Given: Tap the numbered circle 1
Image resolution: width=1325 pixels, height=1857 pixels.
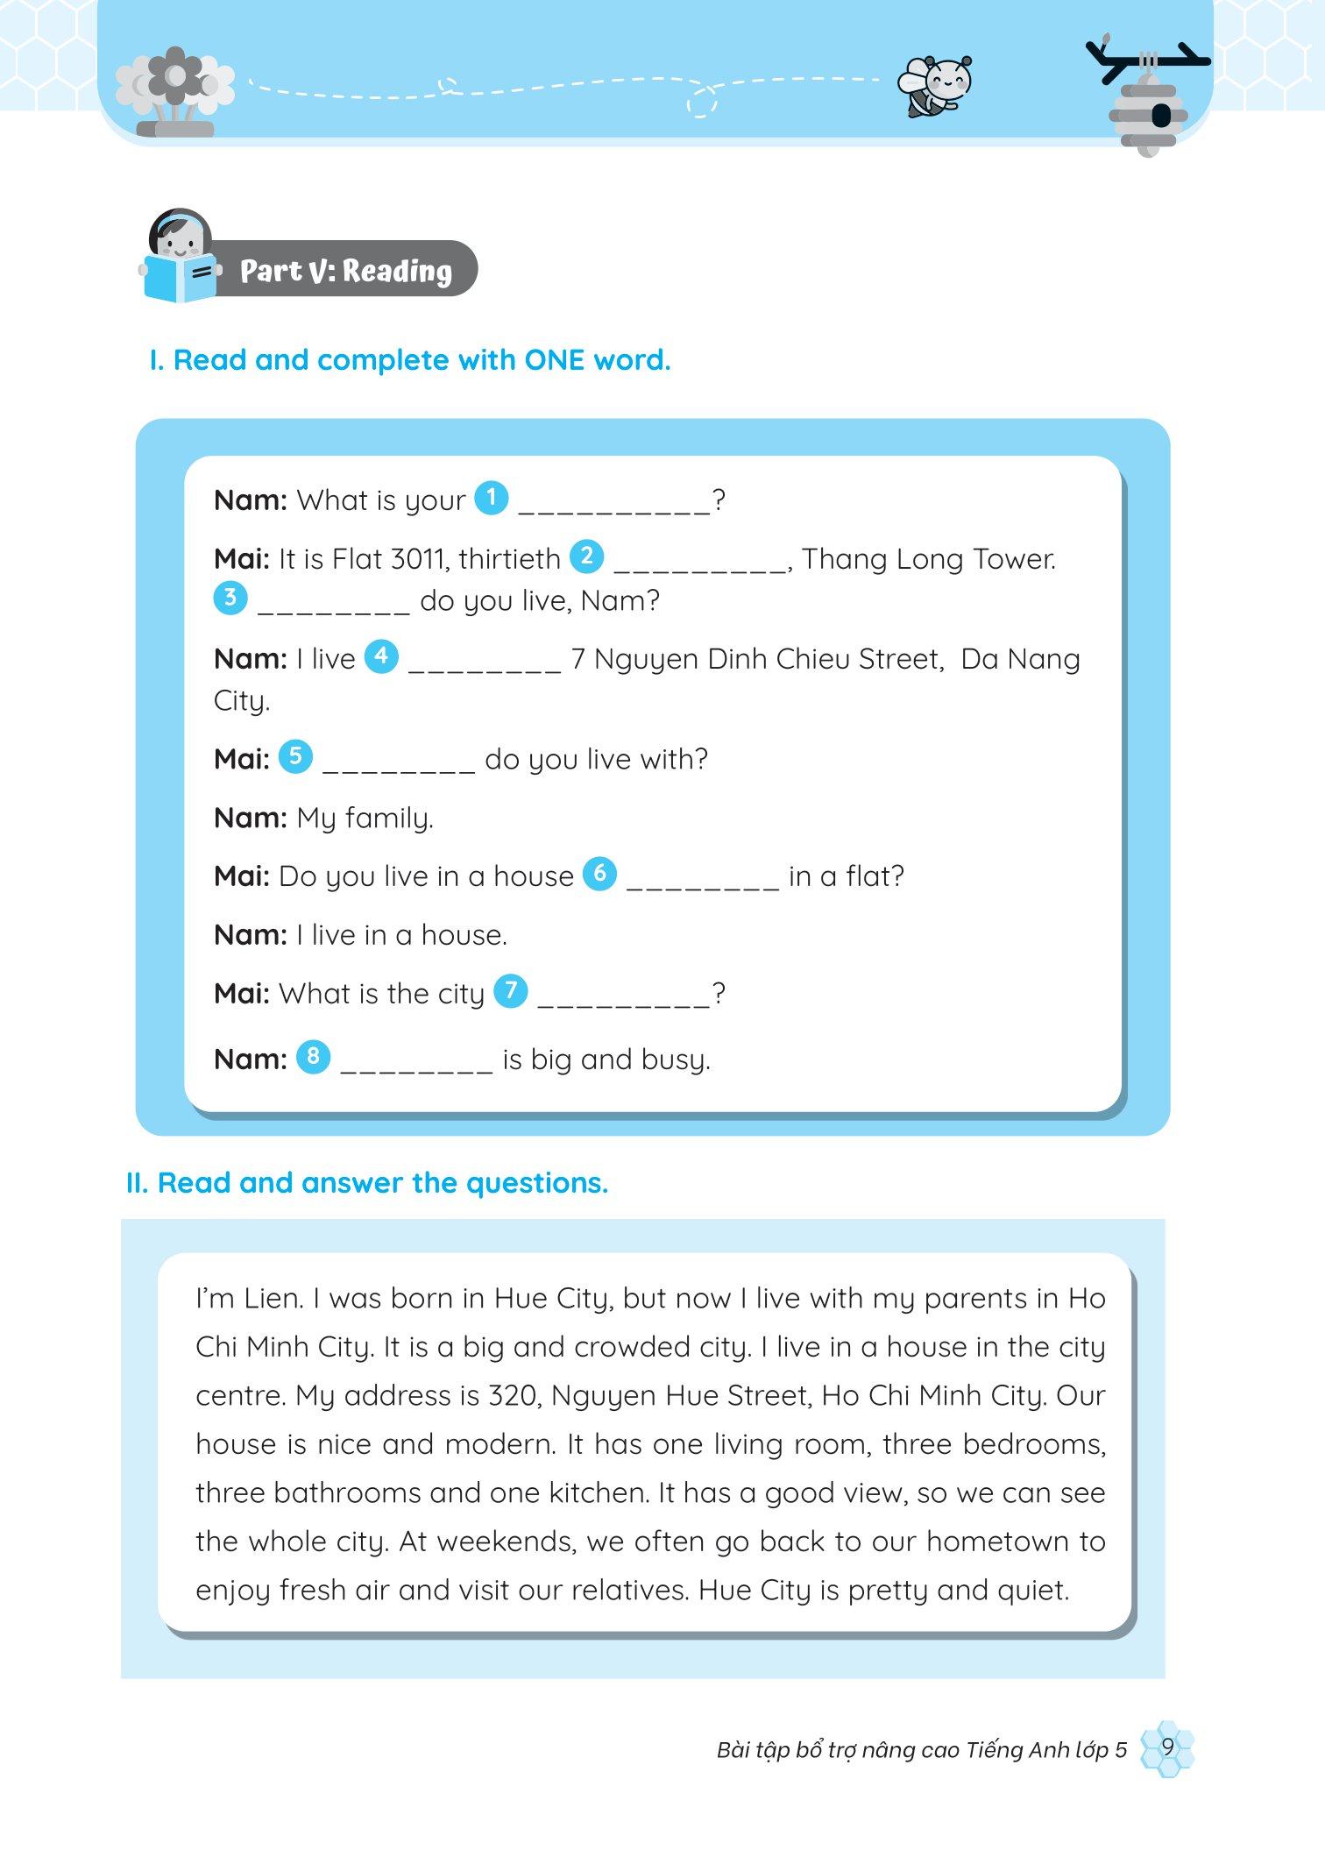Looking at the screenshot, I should coord(491,499).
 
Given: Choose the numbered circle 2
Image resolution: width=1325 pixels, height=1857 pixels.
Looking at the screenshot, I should coord(586,556).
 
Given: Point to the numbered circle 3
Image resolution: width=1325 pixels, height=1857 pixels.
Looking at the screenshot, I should coord(230,599).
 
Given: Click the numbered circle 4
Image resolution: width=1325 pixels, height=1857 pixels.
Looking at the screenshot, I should coord(381,656).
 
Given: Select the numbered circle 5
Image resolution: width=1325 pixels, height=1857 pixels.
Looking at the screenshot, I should coord(295,756).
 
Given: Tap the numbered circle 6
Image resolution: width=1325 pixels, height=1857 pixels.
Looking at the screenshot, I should coord(599,874).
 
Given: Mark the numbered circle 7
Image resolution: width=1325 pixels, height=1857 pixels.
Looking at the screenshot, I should coord(511,991).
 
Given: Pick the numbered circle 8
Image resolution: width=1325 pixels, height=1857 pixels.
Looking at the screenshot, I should coord(313,1057).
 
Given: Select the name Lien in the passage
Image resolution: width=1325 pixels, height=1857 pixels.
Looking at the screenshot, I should coord(272,1298).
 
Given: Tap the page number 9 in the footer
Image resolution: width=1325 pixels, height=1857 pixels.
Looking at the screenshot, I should coord(1167,1747).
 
